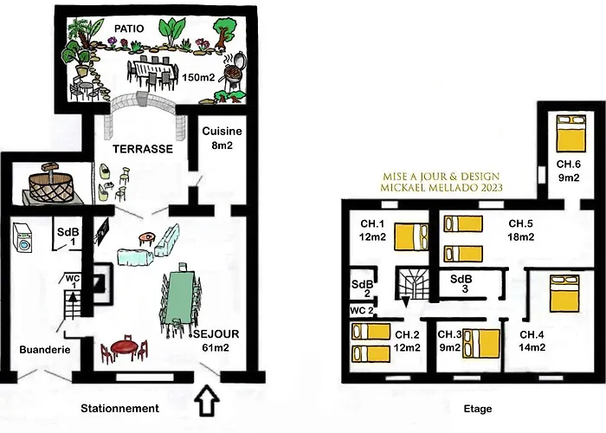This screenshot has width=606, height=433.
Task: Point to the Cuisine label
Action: tap(222, 131)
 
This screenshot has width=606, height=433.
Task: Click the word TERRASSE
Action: tap(143, 149)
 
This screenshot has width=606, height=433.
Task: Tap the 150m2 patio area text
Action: tap(198, 77)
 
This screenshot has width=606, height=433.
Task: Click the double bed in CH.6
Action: tap(571, 132)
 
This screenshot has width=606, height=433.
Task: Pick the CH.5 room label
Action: tap(520, 223)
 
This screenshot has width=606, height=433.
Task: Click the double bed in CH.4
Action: tap(564, 293)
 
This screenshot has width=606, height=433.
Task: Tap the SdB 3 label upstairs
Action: tap(462, 283)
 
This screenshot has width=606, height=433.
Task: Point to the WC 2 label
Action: tap(362, 310)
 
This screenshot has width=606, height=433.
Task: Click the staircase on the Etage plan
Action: tap(412, 284)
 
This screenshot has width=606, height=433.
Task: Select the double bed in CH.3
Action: tap(481, 344)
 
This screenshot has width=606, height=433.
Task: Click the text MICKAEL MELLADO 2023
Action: tap(442, 188)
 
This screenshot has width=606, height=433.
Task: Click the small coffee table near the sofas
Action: tap(147, 237)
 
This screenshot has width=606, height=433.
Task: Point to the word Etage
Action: tap(478, 409)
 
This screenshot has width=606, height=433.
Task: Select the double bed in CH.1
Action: tap(411, 236)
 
